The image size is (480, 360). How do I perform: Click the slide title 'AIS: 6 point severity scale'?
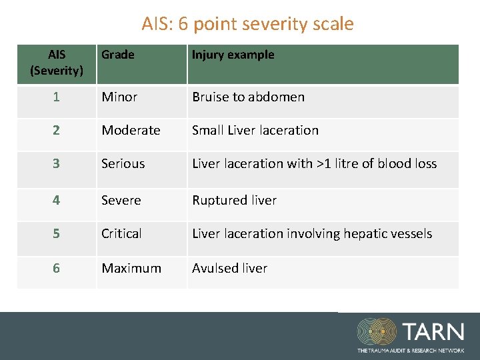point(247,24)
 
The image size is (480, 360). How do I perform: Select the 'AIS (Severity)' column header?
point(57,62)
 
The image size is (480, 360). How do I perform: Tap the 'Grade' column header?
point(118,55)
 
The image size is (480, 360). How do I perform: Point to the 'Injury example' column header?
point(233,55)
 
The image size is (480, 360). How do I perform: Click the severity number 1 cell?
point(57,97)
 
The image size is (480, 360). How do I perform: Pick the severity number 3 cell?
point(57,163)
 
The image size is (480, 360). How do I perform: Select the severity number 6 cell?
point(57,268)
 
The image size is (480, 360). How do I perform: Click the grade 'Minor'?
point(119,97)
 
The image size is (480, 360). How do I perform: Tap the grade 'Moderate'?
point(131,130)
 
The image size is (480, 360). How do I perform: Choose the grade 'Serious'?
point(123,163)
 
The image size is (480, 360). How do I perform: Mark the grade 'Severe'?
point(121,200)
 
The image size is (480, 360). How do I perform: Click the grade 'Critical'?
point(121,233)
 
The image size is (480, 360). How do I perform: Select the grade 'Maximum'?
point(131,268)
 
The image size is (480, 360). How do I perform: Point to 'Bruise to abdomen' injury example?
point(248,97)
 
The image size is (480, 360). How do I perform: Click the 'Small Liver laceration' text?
point(255,130)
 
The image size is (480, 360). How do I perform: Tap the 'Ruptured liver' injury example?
point(234,200)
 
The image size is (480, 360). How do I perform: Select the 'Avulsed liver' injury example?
point(229,268)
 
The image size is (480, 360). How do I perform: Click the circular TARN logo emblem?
point(376,332)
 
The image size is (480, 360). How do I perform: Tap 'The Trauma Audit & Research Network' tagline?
point(410,350)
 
